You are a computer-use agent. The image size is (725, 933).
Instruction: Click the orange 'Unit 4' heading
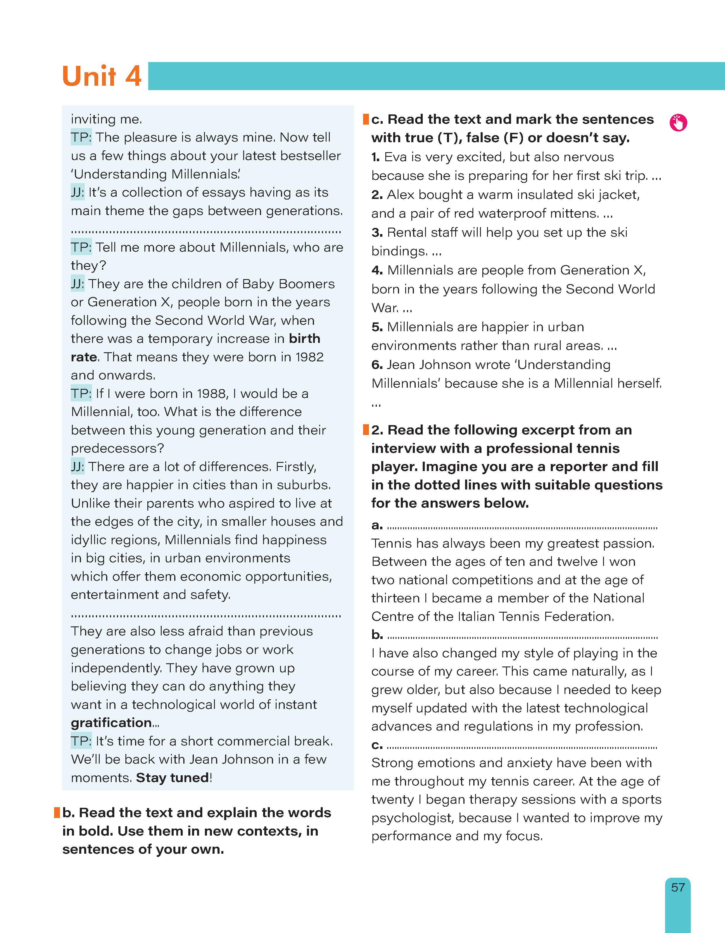pos(102,76)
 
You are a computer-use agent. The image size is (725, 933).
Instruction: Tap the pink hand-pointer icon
pos(678,123)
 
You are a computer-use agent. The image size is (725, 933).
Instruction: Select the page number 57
pos(678,887)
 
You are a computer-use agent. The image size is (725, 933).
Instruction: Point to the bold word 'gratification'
pos(111,722)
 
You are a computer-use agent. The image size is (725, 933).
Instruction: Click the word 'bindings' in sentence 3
pos(399,251)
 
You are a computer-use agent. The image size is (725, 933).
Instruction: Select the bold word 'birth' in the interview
pos(304,338)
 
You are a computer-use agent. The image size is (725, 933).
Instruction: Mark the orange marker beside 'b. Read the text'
pos(57,812)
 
